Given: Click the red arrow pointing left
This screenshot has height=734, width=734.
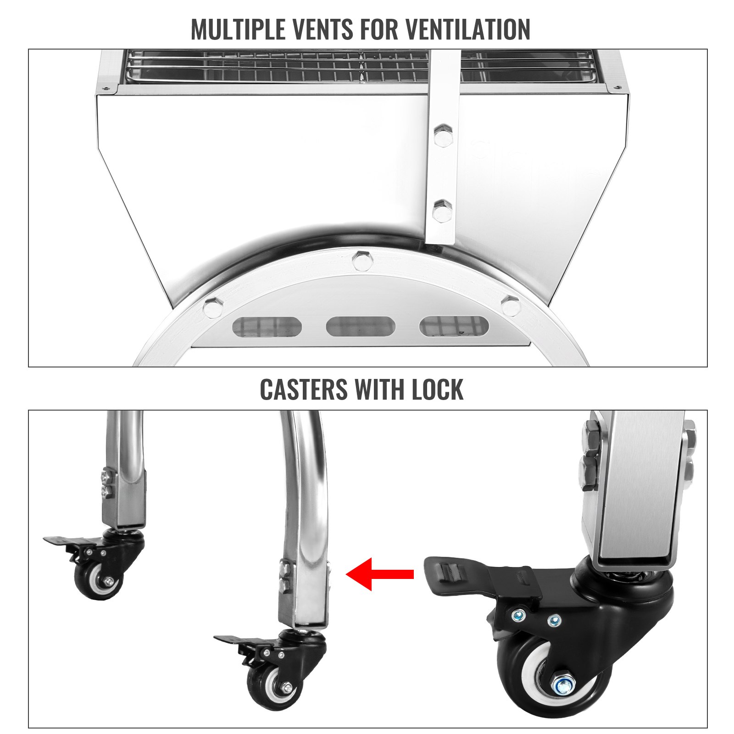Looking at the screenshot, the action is (x=380, y=573).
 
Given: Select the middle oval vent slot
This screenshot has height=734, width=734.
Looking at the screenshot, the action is (x=360, y=326).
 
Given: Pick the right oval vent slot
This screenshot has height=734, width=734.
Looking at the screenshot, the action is (x=454, y=326).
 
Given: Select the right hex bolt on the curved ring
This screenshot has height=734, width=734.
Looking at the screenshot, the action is (x=510, y=305).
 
